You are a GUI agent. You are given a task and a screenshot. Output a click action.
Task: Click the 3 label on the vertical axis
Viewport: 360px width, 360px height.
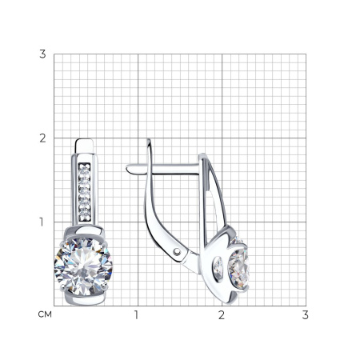42,54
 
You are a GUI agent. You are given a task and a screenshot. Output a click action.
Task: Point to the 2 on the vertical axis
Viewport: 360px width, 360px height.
42,138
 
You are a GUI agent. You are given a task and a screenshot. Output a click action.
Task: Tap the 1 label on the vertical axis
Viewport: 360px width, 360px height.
42,222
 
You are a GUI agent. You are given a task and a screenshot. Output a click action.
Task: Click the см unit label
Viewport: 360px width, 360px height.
45,314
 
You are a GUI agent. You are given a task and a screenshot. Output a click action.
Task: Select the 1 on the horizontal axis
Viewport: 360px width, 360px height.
136,315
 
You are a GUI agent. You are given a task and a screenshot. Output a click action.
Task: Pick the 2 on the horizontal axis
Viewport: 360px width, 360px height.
222,315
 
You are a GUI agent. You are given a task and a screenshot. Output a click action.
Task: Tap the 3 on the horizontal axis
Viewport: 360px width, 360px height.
306,315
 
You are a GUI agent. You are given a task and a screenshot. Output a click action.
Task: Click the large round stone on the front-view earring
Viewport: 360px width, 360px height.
83,266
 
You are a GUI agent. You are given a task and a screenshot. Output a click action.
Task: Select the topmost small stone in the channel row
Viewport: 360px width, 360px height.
85,169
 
